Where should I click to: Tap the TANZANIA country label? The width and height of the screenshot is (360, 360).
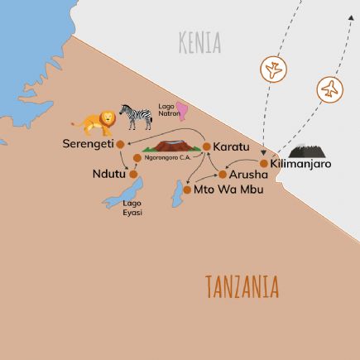pyautogui.click(x=242, y=286)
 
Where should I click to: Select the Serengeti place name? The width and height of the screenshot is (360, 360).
pyautogui.click(x=87, y=144)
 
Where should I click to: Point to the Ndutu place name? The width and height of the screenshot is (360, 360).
pyautogui.click(x=108, y=174)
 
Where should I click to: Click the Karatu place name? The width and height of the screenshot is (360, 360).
pyautogui.click(x=231, y=146)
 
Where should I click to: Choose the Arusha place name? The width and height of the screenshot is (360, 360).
pyautogui.click(x=248, y=175)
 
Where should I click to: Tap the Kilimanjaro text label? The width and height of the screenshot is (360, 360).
pyautogui.click(x=300, y=164)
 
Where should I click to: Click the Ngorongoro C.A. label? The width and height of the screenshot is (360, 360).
pyautogui.click(x=168, y=157)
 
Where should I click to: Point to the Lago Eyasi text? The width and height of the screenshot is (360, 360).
pyautogui.click(x=132, y=208)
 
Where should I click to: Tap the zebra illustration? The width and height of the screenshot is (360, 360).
pyautogui.click(x=137, y=116)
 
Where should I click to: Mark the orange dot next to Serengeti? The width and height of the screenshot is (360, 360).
pyautogui.click(x=120, y=144)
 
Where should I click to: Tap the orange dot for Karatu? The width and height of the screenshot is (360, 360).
pyautogui.click(x=206, y=146)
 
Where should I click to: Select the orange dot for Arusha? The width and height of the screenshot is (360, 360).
pyautogui.click(x=223, y=175)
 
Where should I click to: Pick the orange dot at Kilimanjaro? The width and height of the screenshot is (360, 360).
pyautogui.click(x=264, y=164)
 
